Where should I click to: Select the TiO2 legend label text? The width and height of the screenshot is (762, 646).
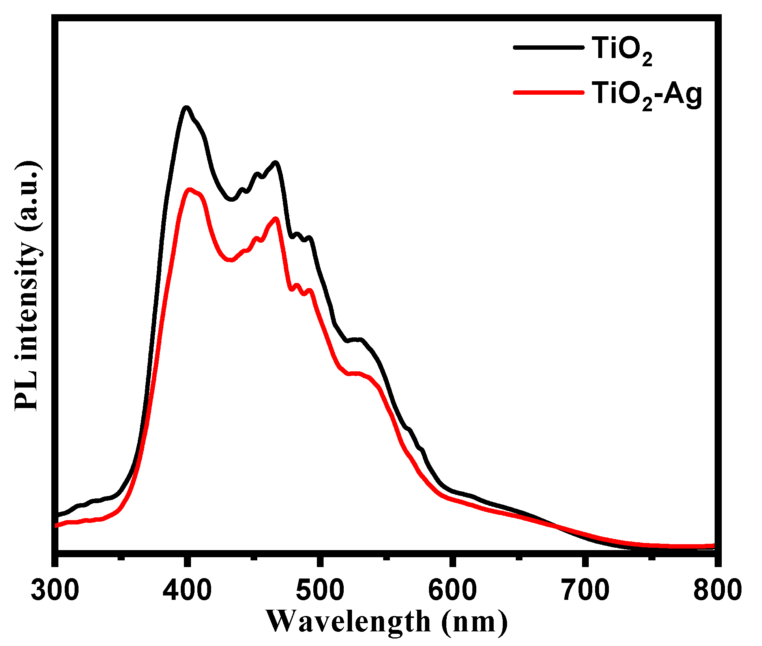622,49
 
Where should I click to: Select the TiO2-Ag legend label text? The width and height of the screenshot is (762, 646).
647,95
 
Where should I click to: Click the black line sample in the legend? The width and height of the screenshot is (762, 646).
549,47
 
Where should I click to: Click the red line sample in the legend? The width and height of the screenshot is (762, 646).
549,93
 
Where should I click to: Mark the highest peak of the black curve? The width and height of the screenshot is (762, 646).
186,107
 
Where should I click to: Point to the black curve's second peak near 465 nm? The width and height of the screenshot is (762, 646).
275,163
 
